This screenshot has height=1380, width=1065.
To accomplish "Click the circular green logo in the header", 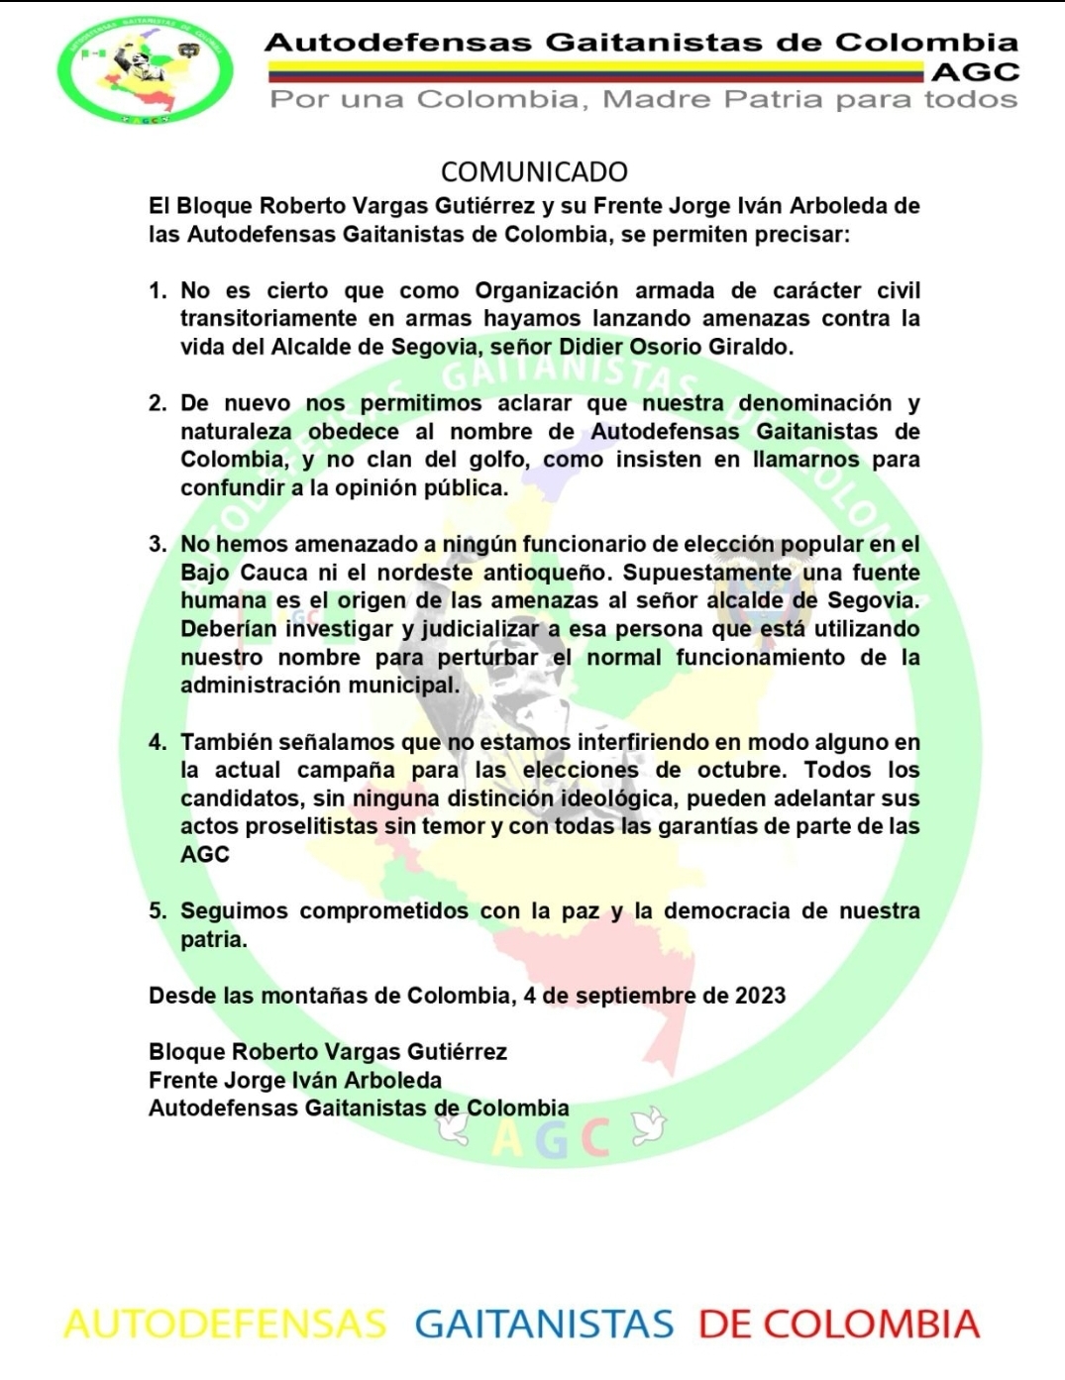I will tap(145, 71).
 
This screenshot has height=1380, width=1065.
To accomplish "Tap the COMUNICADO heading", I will tap(534, 172).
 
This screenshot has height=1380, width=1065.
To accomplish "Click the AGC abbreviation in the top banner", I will tap(975, 71).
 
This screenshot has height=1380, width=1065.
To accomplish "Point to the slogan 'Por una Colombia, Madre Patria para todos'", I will tap(644, 99).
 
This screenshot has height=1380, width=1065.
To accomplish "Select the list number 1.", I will tap(158, 291).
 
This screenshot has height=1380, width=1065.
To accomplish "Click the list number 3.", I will tap(158, 545).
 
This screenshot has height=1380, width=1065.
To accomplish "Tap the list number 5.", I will tap(158, 911).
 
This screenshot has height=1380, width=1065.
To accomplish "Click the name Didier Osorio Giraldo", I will tap(676, 347).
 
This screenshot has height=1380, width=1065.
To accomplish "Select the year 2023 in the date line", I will tap(760, 996).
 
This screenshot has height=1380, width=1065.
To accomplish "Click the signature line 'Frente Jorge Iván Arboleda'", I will tap(295, 1080).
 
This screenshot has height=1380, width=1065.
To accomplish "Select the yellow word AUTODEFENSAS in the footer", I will tap(225, 1325).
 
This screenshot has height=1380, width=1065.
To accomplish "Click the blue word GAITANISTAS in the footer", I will tap(544, 1325).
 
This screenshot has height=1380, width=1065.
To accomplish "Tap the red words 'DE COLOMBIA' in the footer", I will tap(838, 1325).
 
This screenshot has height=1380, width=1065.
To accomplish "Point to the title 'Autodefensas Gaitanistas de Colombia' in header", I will tap(641, 43).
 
